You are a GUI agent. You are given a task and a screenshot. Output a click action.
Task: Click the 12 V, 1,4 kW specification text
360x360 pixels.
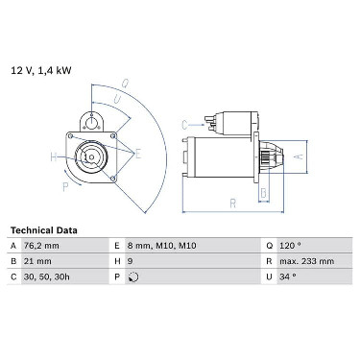(x=41, y=70)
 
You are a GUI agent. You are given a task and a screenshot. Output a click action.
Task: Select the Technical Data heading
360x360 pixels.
(x=44, y=230)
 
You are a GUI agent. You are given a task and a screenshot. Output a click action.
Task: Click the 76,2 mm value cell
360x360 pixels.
(x=41, y=246)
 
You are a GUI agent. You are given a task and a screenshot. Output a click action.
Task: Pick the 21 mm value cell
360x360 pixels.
(x=37, y=261)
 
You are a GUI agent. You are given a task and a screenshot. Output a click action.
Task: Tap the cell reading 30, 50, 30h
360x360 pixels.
(x=46, y=276)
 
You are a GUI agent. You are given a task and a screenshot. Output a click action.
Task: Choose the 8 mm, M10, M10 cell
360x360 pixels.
(x=161, y=246)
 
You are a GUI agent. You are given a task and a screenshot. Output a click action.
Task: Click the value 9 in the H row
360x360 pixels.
(x=130, y=261)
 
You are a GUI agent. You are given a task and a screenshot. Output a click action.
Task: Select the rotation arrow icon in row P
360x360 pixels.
(x=133, y=277)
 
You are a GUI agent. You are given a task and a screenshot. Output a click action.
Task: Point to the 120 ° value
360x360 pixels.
(x=290, y=246)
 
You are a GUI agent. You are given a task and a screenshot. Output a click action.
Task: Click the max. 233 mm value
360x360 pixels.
(x=306, y=261)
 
